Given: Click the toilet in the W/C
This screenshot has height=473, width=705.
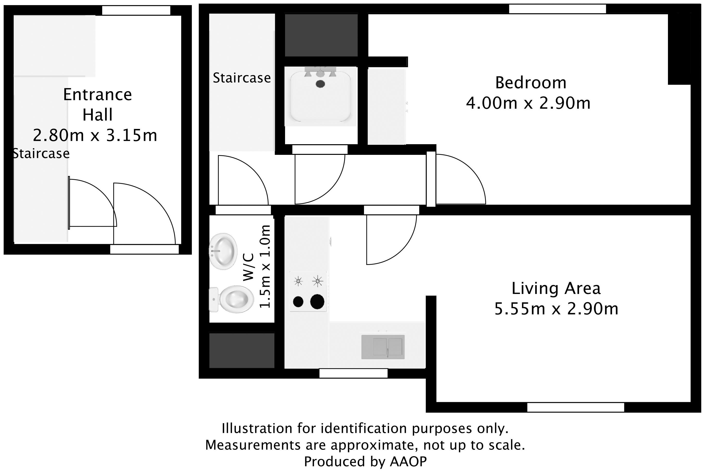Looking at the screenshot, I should click(x=235, y=299).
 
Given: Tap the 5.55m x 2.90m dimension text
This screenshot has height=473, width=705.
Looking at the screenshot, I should click(x=556, y=309).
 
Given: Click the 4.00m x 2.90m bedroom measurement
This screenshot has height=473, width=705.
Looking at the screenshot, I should click(x=528, y=103).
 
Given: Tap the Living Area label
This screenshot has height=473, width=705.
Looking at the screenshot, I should click(x=556, y=288).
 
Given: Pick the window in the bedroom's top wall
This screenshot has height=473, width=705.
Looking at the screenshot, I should click(x=557, y=9).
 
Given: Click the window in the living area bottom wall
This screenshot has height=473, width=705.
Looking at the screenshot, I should click(x=575, y=407).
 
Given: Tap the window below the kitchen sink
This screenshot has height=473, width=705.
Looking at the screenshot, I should click(x=353, y=373).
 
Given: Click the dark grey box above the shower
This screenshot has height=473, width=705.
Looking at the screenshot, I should click(x=321, y=35).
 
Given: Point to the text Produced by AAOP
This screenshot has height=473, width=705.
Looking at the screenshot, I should click(x=365, y=462).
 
